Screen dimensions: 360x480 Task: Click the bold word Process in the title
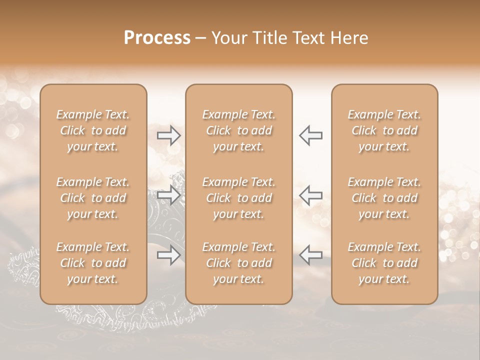[x=157, y=38]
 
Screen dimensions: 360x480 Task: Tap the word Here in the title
[x=349, y=38]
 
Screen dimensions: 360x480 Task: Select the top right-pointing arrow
[x=169, y=135]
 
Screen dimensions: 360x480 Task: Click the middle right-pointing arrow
[x=169, y=195]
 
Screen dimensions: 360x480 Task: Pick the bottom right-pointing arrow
[x=169, y=255]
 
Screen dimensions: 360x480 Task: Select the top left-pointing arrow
[x=310, y=135]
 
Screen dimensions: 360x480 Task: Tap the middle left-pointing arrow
[x=310, y=195]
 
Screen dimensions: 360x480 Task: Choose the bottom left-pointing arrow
[x=310, y=255]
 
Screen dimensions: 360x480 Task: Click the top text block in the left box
[x=93, y=130]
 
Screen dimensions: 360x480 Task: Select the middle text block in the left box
[x=93, y=198]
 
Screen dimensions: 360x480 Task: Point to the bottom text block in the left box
[x=93, y=263]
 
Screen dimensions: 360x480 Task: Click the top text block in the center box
[x=238, y=130]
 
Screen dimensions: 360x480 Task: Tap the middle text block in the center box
[x=238, y=198]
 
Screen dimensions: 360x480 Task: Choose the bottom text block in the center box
[x=238, y=263]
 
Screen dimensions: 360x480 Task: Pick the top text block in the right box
[x=384, y=130]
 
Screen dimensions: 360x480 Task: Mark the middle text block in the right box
[x=384, y=198]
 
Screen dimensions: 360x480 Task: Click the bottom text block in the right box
[x=384, y=263]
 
